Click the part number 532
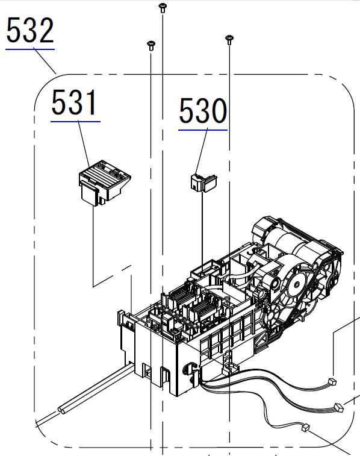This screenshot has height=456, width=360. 30,30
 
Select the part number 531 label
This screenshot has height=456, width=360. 74,102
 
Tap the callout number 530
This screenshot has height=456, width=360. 203,110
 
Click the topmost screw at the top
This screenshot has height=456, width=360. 163,8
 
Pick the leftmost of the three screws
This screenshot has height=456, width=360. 151,45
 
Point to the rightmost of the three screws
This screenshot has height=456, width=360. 229,40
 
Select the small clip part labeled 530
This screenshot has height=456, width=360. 203,183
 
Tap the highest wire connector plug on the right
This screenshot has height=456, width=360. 332,381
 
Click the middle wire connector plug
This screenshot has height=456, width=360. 339,407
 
